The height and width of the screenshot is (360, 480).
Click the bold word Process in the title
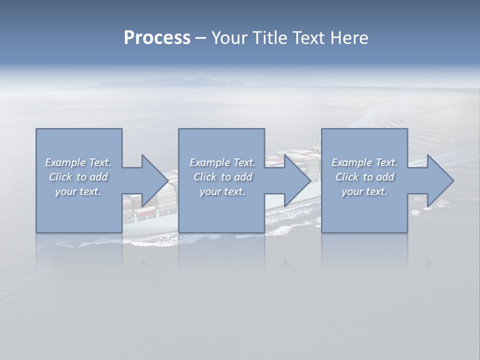[x=157, y=38]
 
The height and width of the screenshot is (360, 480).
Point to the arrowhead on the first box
[x=153, y=180]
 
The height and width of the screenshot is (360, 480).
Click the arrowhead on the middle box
[x=296, y=180]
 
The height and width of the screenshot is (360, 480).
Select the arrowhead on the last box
[x=438, y=180]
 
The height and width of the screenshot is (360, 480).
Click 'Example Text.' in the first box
[x=78, y=162]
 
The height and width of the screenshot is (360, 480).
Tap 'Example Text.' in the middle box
[x=222, y=162]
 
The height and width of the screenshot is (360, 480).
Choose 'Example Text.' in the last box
[x=364, y=162]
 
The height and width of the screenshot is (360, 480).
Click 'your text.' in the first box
[x=78, y=191]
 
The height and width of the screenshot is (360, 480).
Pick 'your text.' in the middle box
[x=222, y=191]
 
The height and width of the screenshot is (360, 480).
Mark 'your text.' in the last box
[x=364, y=191]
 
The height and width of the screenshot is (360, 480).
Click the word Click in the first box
[x=60, y=177]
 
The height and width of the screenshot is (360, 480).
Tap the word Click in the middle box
[x=204, y=177]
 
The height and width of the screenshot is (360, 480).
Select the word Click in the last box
[x=347, y=177]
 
